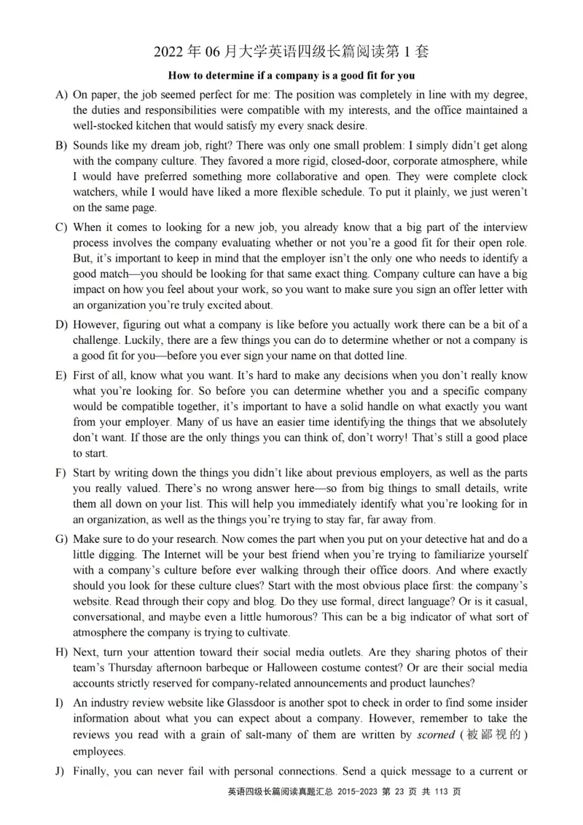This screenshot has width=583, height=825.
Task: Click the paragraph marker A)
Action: pos(61,95)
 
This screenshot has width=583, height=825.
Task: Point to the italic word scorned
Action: pos(435,736)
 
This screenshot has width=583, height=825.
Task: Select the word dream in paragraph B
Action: pos(152,146)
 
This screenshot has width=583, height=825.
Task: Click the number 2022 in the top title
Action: pos(169,51)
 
